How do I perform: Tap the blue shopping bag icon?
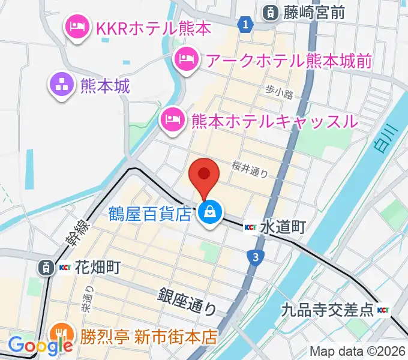[211, 212]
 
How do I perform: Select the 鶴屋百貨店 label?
[150, 213]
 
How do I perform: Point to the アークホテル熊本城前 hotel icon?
[185, 59]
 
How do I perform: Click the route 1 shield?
[244, 25]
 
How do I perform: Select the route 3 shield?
[256, 257]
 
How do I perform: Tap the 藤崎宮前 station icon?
[271, 11]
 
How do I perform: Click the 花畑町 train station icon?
[46, 268]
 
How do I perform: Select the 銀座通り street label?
[187, 302]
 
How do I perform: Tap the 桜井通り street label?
[250, 170]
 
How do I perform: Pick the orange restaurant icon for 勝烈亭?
[62, 334]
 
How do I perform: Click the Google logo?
[40, 346]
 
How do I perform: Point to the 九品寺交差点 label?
[326, 310]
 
